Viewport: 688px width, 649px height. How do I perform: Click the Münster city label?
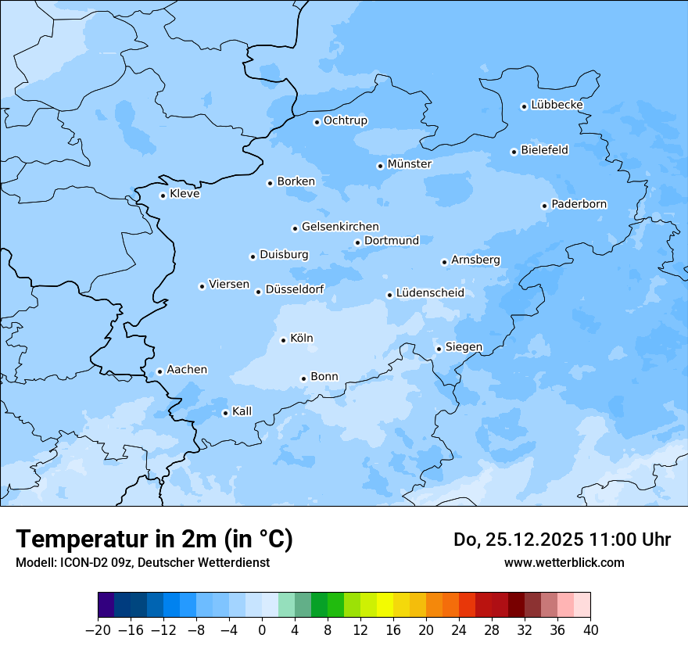pyautogui.click(x=409, y=164)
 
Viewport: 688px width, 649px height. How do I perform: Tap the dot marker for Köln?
pyautogui.click(x=283, y=340)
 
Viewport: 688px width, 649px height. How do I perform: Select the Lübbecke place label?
pyautogui.click(x=557, y=105)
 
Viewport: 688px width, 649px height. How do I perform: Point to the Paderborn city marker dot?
pyautogui.click(x=544, y=206)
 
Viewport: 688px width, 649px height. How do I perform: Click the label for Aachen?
pyautogui.click(x=187, y=370)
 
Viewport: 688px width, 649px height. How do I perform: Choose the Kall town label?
pyautogui.click(x=242, y=411)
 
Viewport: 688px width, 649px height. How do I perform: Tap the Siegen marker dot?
pyautogui.click(x=439, y=349)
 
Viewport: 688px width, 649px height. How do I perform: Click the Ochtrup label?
pyautogui.click(x=345, y=120)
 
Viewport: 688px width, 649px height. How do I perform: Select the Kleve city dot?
pyautogui.click(x=163, y=195)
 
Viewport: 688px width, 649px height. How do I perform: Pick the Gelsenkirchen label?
pyautogui.click(x=340, y=227)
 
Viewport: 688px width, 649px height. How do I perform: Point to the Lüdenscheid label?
pyautogui.click(x=430, y=293)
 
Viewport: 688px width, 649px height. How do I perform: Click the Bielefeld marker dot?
pyautogui.click(x=514, y=152)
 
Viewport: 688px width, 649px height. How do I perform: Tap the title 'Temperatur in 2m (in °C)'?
pyautogui.click(x=155, y=540)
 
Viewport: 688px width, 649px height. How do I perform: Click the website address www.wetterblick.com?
pyautogui.click(x=564, y=562)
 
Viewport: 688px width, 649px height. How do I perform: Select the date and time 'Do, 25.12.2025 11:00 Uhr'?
pyautogui.click(x=562, y=540)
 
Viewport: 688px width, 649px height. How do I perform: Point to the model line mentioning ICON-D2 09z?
pyautogui.click(x=142, y=562)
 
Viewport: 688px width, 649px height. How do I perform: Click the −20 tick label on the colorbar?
pyautogui.click(x=98, y=630)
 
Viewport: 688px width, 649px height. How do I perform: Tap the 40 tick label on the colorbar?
pyautogui.click(x=590, y=630)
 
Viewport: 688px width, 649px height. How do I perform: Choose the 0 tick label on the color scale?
pyautogui.click(x=262, y=630)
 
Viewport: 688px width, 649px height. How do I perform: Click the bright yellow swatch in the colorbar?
pyautogui.click(x=385, y=605)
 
